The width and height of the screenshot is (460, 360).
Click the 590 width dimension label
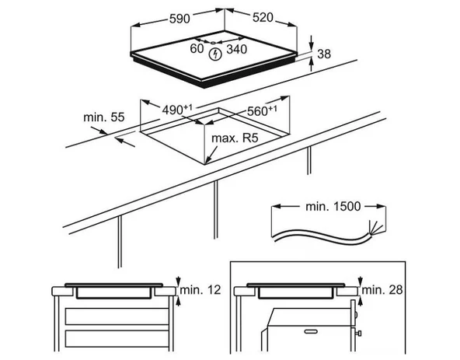coord(179,19)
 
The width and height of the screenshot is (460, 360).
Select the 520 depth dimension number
coord(263,18)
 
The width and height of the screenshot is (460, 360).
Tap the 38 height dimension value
coord(324,54)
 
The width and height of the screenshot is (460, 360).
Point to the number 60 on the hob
coord(197,48)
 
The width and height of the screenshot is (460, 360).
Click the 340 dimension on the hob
coord(236,49)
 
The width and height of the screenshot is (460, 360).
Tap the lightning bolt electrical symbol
coord(215,54)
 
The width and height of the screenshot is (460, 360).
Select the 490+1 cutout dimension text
coord(177,110)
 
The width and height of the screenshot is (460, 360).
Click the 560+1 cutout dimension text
coord(262,110)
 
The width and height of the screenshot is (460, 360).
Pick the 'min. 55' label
coord(104,117)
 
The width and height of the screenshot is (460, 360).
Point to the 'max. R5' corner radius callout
coord(235,138)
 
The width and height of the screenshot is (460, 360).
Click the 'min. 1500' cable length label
coord(333,206)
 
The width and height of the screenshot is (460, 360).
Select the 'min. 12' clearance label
coord(200,290)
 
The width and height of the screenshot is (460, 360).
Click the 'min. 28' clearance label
coord(382,290)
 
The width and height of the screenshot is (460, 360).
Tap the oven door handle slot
coord(311,331)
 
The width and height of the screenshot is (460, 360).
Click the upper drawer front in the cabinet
coord(117,316)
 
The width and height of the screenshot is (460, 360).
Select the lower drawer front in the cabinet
coord(117,338)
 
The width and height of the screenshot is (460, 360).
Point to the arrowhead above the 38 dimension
coord(311,46)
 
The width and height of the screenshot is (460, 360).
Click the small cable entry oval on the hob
coord(213,43)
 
